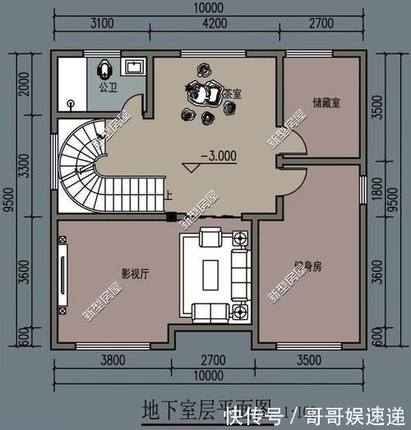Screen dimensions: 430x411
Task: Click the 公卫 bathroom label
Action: click(x=107, y=85)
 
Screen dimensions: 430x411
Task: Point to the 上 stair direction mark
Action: click(x=169, y=195)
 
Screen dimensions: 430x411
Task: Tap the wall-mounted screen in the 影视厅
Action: click(x=62, y=271)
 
